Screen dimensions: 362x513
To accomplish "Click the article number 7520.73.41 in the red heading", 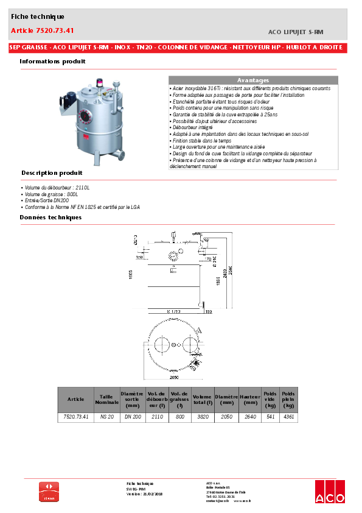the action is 43,30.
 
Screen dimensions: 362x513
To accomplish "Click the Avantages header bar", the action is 252,80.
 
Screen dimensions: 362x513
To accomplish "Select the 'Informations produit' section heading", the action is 52,62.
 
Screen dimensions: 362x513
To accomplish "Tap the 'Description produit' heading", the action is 52,173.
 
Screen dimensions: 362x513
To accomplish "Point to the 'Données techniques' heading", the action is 50,217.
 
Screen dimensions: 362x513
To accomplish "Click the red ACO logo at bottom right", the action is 330,492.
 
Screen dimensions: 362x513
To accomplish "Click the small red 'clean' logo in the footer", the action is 49,492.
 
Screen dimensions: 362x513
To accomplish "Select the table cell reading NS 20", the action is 106,417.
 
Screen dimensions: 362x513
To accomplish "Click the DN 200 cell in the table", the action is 133,417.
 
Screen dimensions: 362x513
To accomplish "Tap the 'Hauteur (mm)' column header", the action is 249,399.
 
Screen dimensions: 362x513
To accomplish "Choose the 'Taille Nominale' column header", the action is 106,399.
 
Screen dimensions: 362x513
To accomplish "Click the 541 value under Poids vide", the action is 271,417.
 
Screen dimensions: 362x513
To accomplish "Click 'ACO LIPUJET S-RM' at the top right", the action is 295,30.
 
